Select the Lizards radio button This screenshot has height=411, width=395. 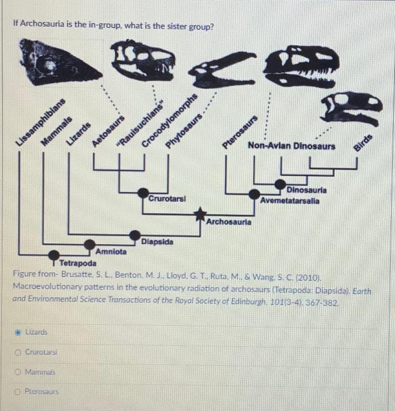(18, 332)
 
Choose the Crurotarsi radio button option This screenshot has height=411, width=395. (18, 352)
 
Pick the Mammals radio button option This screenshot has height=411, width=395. (18, 372)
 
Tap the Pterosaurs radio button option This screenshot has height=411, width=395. (18, 391)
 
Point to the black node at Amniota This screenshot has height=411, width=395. (90, 244)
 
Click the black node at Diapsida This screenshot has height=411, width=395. (135, 235)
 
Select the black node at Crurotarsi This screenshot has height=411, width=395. (143, 193)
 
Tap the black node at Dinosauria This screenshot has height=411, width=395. (280, 185)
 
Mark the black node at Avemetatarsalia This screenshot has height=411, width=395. (254, 194)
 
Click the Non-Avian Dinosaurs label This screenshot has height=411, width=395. (291, 146)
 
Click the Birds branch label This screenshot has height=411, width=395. (363, 143)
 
